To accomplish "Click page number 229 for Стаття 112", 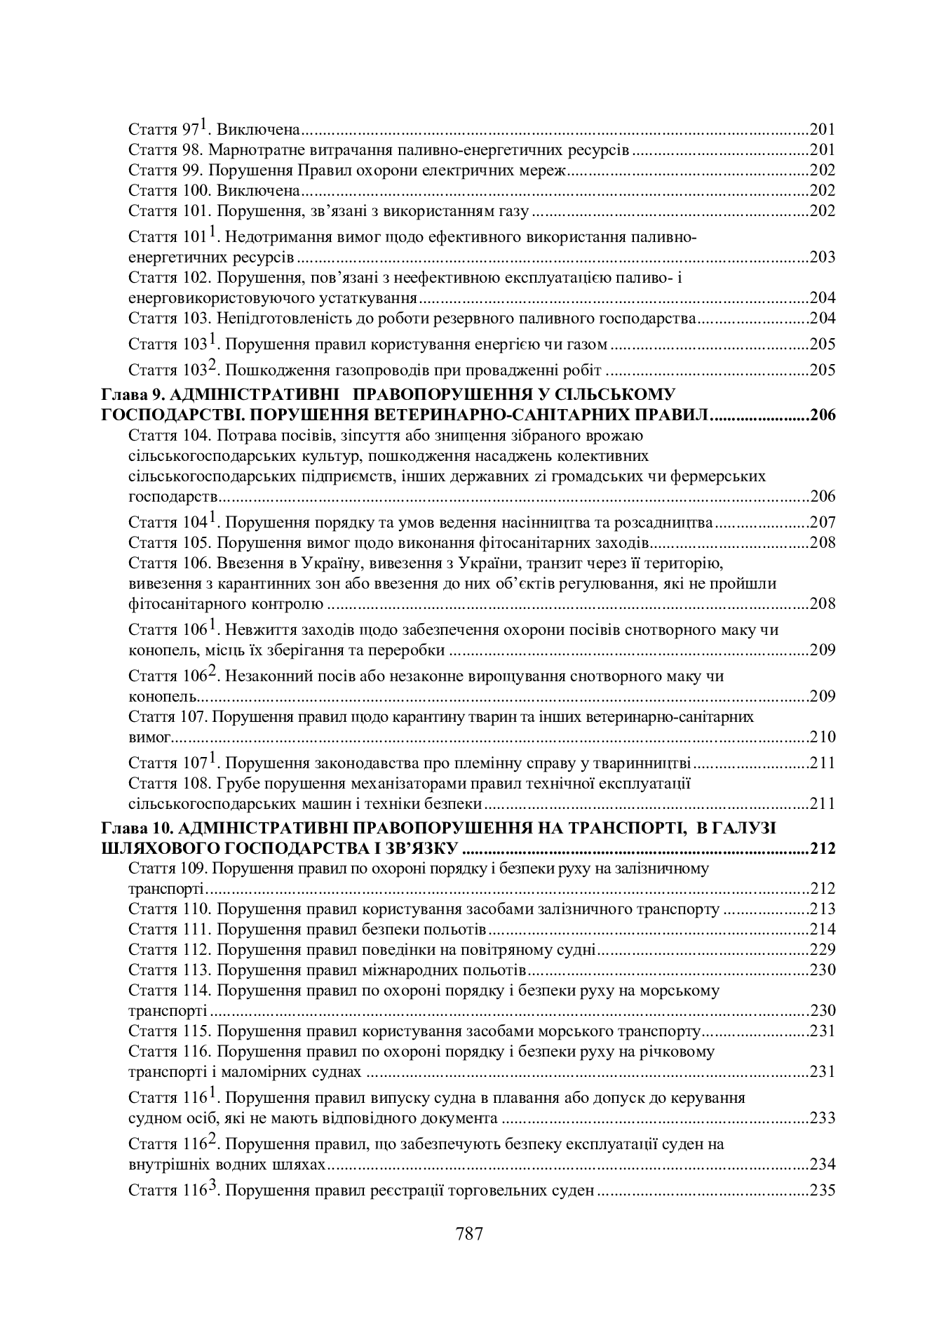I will (x=823, y=950).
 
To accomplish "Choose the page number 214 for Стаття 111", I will (x=823, y=930).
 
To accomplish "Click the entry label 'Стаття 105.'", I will (x=169, y=543).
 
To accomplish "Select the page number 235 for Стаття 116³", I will (x=823, y=1191).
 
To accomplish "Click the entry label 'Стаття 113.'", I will (x=169, y=970).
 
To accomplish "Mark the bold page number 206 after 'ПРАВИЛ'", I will (x=823, y=415).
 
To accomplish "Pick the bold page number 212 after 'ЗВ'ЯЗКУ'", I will (x=823, y=848).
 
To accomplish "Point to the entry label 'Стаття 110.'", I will (x=169, y=909).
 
